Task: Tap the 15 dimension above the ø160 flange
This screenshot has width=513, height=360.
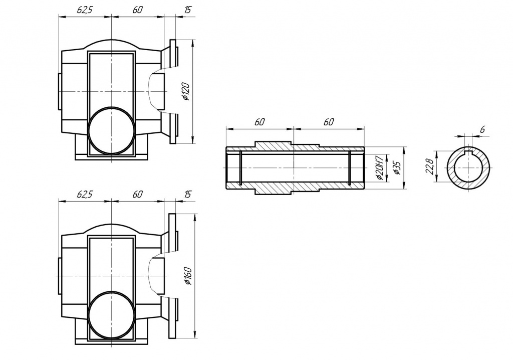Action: point(187,194)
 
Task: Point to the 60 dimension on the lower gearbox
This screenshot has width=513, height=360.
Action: point(138,194)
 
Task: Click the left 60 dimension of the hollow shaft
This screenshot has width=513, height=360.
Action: point(259,122)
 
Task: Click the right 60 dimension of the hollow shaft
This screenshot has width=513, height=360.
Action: point(328,122)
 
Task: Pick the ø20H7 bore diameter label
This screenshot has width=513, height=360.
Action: point(379,168)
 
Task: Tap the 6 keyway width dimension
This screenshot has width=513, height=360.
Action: point(482,129)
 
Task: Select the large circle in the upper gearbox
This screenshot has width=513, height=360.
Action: point(111,131)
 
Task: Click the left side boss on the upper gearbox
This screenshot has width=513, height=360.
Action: point(60,91)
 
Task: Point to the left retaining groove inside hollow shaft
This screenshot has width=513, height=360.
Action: point(241,168)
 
